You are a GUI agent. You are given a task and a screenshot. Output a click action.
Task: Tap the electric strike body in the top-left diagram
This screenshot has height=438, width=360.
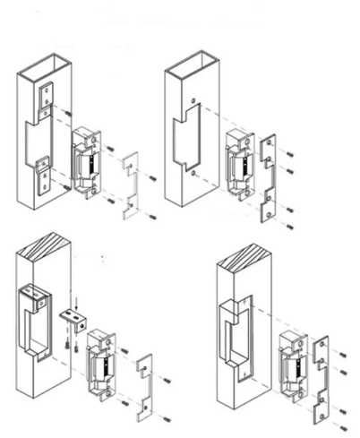(87, 161)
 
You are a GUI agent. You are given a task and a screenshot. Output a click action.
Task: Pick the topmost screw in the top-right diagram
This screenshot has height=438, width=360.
(288, 145)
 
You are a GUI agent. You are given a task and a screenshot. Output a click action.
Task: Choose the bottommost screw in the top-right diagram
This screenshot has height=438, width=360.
(288, 225)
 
